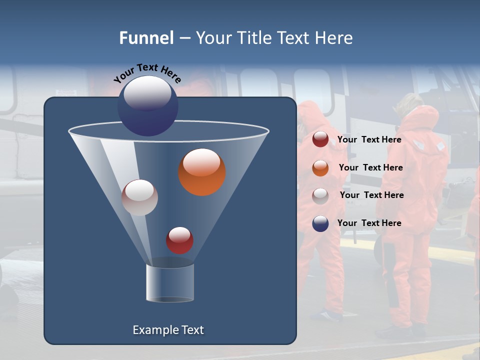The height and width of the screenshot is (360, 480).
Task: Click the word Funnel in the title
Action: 146,38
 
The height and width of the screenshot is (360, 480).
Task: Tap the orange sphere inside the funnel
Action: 201,172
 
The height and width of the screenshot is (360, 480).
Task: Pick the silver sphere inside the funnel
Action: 139,198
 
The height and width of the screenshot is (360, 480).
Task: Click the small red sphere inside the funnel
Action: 179,240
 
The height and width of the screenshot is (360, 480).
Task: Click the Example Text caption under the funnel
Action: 168,330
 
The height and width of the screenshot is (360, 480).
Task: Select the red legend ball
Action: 320,139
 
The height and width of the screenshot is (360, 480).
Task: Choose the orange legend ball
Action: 320,168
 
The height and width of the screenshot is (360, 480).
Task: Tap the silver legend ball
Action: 320,196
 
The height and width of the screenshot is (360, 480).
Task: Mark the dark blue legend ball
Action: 320,223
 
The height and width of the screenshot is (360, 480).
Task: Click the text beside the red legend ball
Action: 369,139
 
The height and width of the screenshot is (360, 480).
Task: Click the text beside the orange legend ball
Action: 370,167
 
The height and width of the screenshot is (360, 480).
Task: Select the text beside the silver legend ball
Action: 371,195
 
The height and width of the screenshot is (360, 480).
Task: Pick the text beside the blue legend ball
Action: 369,223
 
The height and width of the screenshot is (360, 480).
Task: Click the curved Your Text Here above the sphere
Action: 147,72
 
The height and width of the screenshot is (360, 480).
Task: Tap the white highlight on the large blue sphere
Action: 147,92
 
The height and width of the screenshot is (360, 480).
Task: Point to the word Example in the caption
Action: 154,330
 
